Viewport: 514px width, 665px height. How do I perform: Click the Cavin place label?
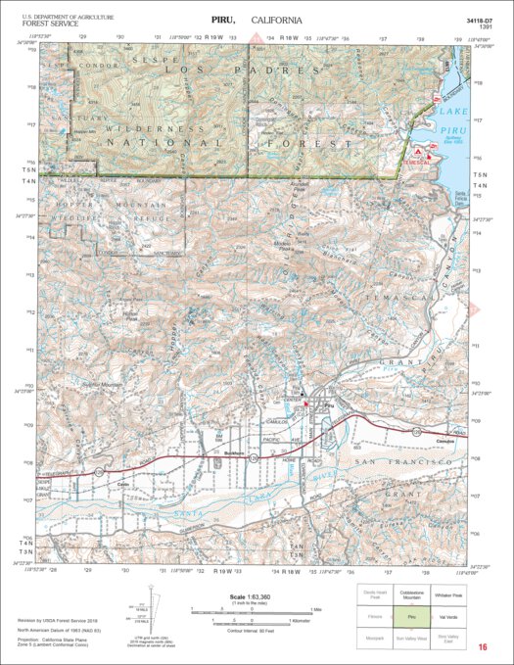click(123, 485)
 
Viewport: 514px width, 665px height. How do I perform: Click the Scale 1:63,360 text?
click(245, 598)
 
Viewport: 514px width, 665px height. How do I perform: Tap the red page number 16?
click(483, 647)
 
